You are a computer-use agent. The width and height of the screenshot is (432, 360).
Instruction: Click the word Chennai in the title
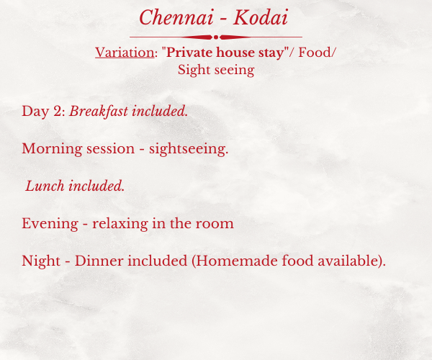(x=176, y=17)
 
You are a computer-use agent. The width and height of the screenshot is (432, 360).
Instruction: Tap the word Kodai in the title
(x=261, y=17)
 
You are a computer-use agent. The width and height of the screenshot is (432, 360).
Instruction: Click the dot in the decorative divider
(x=216, y=37)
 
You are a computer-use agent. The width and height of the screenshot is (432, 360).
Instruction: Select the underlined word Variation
(x=125, y=53)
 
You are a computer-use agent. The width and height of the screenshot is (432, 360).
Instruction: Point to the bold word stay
(x=271, y=53)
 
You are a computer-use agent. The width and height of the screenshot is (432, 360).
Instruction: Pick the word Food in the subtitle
(x=315, y=52)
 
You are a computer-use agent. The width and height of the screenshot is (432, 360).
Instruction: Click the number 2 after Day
(x=58, y=112)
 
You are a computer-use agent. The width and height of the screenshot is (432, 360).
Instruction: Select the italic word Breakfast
(x=99, y=112)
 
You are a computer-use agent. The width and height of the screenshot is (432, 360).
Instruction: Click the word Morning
(x=52, y=149)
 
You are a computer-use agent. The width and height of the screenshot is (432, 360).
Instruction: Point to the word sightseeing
(x=189, y=149)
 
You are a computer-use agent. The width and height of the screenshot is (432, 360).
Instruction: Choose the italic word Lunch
(x=45, y=186)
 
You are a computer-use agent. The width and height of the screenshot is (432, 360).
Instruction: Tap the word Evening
(x=50, y=223)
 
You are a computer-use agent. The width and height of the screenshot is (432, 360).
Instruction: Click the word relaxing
(x=120, y=223)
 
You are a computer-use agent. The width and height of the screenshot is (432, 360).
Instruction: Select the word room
(x=215, y=224)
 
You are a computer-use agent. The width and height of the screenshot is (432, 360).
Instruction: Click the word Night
(x=41, y=261)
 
